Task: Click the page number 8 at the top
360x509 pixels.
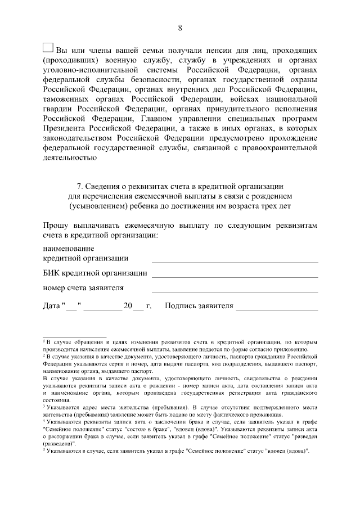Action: (x=180, y=28)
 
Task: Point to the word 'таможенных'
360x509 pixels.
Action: (x=66, y=98)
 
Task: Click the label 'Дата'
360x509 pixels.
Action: (x=52, y=306)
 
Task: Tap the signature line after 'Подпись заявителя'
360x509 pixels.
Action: (x=277, y=307)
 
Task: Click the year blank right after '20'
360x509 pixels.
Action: (x=138, y=308)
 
